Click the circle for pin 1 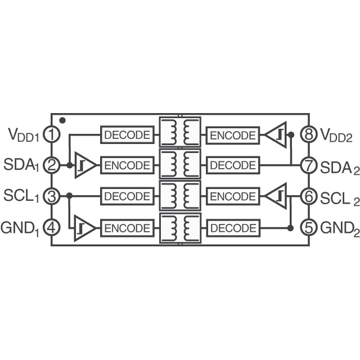[52, 134]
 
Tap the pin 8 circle [309, 134]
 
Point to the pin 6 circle [309, 196]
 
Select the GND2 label [340, 228]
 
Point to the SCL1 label [22, 197]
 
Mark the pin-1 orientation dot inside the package [62, 120]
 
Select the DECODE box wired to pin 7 [233, 165]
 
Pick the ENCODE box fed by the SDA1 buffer [128, 165]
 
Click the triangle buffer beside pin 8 [276, 134]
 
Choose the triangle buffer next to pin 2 [85, 165]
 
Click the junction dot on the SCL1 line [69, 196]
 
